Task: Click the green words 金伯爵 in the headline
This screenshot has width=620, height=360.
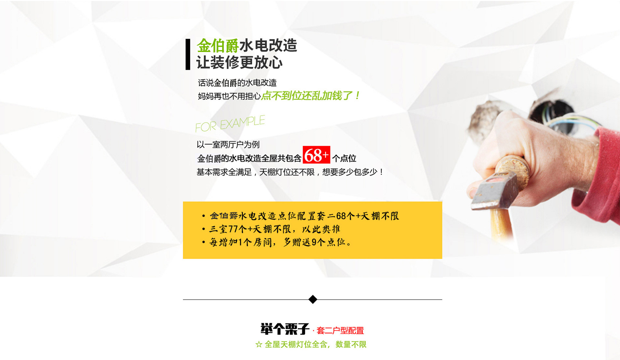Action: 218,46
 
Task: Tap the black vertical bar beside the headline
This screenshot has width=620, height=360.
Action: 188,54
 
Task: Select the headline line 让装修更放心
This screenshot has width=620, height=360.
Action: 239,62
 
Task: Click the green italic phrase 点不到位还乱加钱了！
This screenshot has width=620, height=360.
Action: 311,96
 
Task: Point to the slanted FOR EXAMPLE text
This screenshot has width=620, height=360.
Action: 230,124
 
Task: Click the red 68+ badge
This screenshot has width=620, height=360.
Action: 316,155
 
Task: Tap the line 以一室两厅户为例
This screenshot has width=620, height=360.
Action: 228,144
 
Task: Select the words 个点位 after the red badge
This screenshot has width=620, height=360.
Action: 344,158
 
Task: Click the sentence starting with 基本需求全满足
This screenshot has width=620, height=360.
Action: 290,172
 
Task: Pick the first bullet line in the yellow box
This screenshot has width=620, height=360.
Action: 301,216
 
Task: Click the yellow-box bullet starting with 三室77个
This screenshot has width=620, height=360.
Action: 271,229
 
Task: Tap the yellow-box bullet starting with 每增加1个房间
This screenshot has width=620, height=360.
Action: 277,242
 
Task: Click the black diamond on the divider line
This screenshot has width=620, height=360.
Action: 313,299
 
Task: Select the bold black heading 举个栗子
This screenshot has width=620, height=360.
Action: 285,329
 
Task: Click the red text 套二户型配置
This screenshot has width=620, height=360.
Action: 340,330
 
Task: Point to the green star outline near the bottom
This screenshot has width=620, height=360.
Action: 259,345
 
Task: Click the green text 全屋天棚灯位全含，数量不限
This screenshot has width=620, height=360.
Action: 315,345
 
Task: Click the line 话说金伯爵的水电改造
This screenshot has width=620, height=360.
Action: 237,83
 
